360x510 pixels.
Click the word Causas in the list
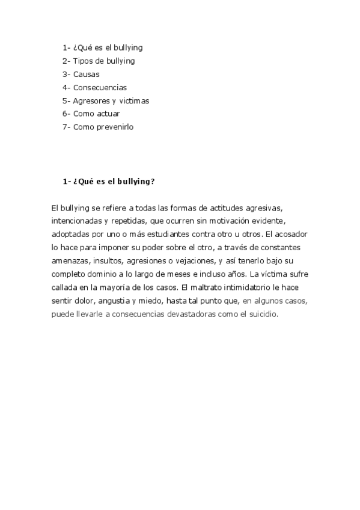pyautogui.click(x=87, y=74)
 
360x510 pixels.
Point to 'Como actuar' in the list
pyautogui.click(x=96, y=114)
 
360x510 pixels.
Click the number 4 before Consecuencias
pyautogui.click(x=64, y=88)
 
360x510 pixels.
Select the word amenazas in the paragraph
pyautogui.click(x=71, y=261)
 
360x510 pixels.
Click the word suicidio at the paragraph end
pyautogui.click(x=262, y=315)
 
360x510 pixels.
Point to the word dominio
pyautogui.click(x=106, y=275)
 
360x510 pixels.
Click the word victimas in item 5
pyautogui.click(x=133, y=101)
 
